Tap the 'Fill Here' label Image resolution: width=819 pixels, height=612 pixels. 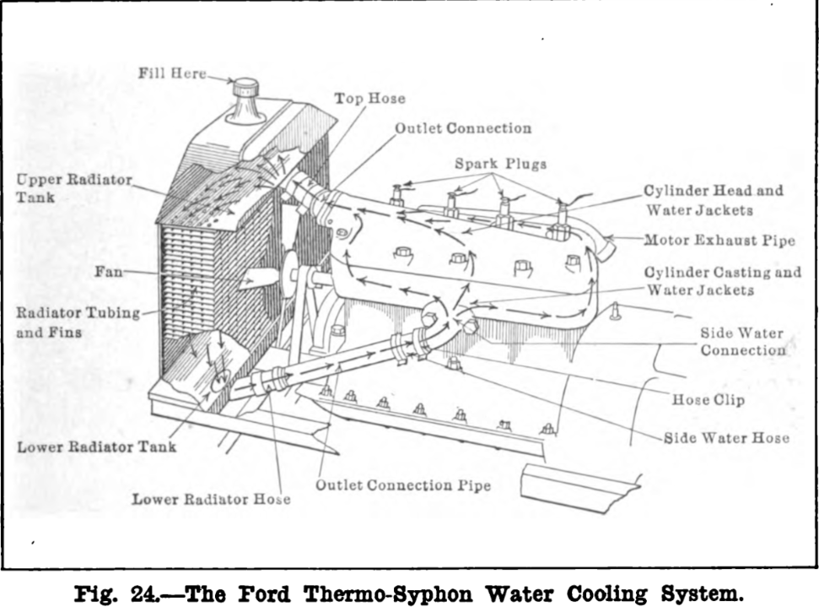click(172, 73)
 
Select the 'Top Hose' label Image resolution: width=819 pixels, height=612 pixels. click(369, 98)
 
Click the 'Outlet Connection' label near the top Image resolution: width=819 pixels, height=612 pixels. click(463, 128)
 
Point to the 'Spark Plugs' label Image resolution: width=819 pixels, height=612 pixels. click(500, 164)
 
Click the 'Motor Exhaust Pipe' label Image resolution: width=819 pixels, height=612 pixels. click(719, 241)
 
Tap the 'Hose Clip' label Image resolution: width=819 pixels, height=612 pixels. click(708, 400)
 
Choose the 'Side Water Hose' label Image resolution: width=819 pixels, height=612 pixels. click(726, 438)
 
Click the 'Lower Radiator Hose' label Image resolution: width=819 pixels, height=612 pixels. click(211, 499)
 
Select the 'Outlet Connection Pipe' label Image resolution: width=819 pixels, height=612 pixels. click(403, 485)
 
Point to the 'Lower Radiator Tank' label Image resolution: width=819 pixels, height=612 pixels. click(97, 447)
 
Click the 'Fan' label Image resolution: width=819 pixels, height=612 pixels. click(109, 272)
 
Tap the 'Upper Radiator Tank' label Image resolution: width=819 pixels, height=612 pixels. click(73, 188)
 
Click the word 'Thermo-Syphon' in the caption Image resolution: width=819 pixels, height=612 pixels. click(388, 594)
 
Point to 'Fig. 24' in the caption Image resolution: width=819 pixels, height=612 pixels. click(116, 594)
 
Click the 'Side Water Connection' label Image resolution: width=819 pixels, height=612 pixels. click(742, 342)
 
